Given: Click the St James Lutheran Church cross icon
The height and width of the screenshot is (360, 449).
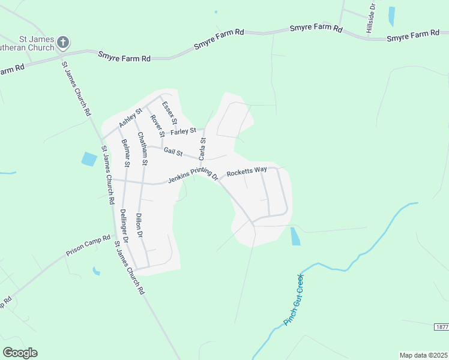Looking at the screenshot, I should pyautogui.click(x=64, y=42).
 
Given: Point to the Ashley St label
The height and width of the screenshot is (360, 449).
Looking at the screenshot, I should pyautogui.click(x=130, y=117).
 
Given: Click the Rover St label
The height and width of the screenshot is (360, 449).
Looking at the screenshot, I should pyautogui.click(x=157, y=125).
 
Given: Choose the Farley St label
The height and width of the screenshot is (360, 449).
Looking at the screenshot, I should pyautogui.click(x=184, y=131).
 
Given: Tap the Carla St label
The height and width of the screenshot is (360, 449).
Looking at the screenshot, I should pyautogui.click(x=203, y=149).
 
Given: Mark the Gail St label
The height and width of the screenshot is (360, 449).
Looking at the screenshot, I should pyautogui.click(x=173, y=151).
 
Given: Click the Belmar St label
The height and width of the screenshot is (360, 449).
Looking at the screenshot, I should pyautogui.click(x=126, y=152).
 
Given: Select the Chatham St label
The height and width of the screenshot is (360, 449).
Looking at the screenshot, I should pyautogui.click(x=142, y=149).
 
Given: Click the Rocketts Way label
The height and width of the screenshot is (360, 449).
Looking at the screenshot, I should pyautogui.click(x=246, y=171).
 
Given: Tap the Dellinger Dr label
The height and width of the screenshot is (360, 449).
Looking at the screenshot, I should pyautogui.click(x=124, y=226).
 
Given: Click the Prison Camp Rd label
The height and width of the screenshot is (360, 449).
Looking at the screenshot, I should pyautogui.click(x=89, y=245).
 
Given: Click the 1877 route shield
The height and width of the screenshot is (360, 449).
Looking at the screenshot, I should pyautogui.click(x=441, y=326).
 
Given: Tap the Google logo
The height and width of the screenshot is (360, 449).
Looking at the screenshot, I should pyautogui.click(x=20, y=353).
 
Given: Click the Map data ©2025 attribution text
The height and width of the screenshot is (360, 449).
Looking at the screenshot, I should pyautogui.click(x=423, y=355).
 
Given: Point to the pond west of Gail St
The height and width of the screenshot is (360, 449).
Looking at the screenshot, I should pyautogui.click(x=89, y=159).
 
